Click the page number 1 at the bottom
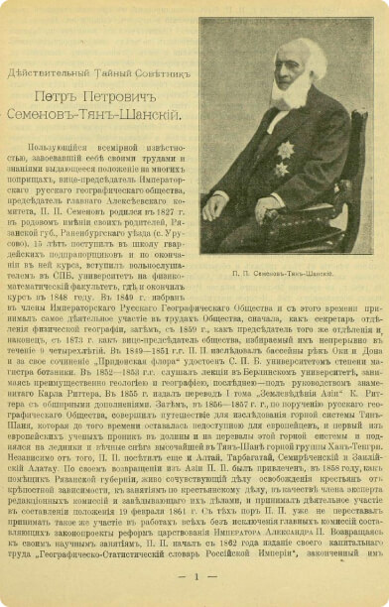click(x=195, y=576)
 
